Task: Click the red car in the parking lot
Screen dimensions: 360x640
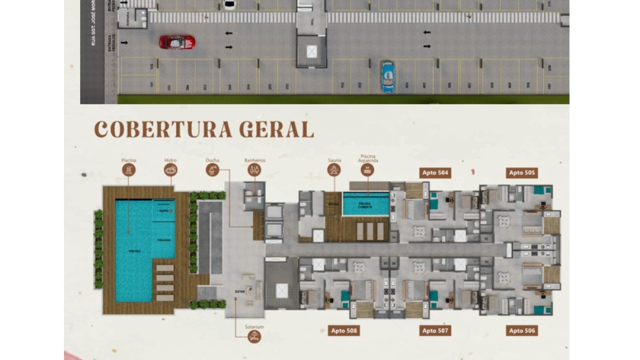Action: tap(177, 42)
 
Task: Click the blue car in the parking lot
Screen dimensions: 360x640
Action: tap(387, 76)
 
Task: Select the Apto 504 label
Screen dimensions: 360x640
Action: tap(435, 173)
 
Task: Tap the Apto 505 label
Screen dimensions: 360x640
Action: tap(522, 173)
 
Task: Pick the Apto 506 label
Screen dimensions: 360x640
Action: tap(522, 330)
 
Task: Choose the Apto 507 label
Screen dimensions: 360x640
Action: tap(435, 330)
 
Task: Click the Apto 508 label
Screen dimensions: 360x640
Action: tap(344, 330)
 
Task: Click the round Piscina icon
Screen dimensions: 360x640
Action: tap(128, 170)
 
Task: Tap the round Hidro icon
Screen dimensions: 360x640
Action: tap(170, 170)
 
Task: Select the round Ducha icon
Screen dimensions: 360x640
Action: tap(212, 170)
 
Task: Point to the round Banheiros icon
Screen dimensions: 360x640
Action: tap(254, 170)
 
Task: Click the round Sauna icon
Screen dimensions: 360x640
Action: tap(334, 170)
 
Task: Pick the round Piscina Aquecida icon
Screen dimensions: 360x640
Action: tap(367, 170)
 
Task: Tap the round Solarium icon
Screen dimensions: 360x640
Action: tap(254, 336)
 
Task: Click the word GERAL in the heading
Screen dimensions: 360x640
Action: tap(276, 129)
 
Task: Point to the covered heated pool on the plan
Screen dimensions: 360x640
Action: tap(366, 203)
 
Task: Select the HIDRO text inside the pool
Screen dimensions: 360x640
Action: tap(164, 211)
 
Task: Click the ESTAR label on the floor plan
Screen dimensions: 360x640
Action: tap(240, 291)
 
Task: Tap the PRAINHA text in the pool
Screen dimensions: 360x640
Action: tap(164, 240)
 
